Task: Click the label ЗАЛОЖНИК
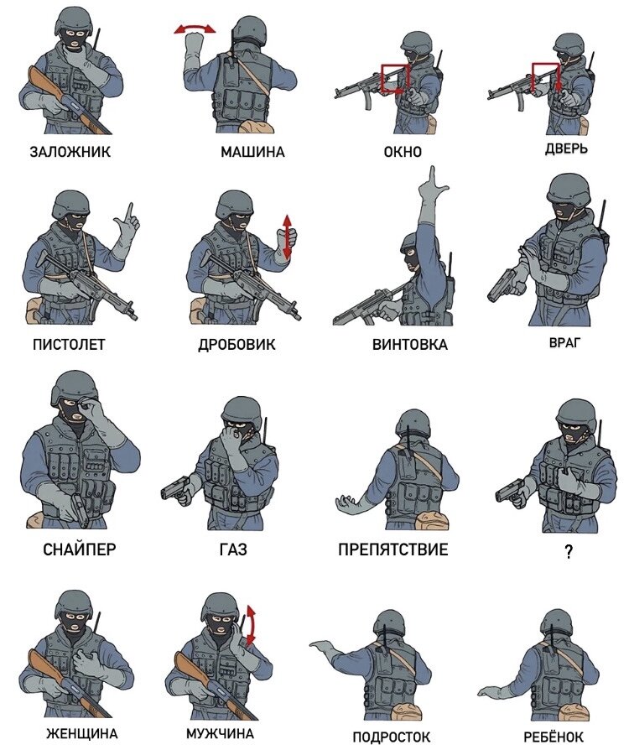70,152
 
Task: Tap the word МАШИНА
252,152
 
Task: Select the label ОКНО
403,152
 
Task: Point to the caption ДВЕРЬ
566,148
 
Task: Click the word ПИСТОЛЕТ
69,345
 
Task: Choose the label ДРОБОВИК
237,345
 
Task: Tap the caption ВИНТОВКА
410,345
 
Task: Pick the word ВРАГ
564,342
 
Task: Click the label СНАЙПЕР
80,549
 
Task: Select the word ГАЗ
233,549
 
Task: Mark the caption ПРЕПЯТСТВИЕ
393,549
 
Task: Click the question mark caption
569,553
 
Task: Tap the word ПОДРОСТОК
392,737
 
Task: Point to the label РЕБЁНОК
554,737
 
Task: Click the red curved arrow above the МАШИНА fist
195,28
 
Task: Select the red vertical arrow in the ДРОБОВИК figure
287,237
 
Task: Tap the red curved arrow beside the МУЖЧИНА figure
252,625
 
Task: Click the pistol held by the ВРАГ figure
506,285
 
